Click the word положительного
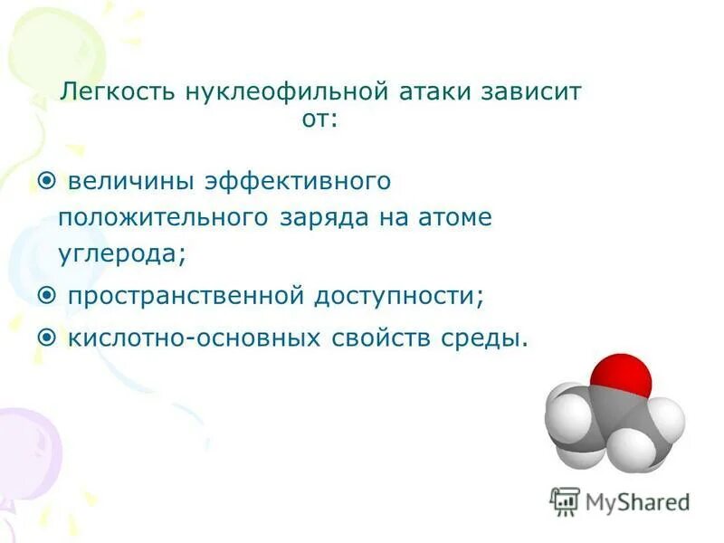(x=164, y=217)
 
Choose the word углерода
(x=122, y=254)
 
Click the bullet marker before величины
(x=46, y=181)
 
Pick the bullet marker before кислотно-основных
(x=46, y=338)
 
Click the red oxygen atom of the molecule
(x=620, y=380)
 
